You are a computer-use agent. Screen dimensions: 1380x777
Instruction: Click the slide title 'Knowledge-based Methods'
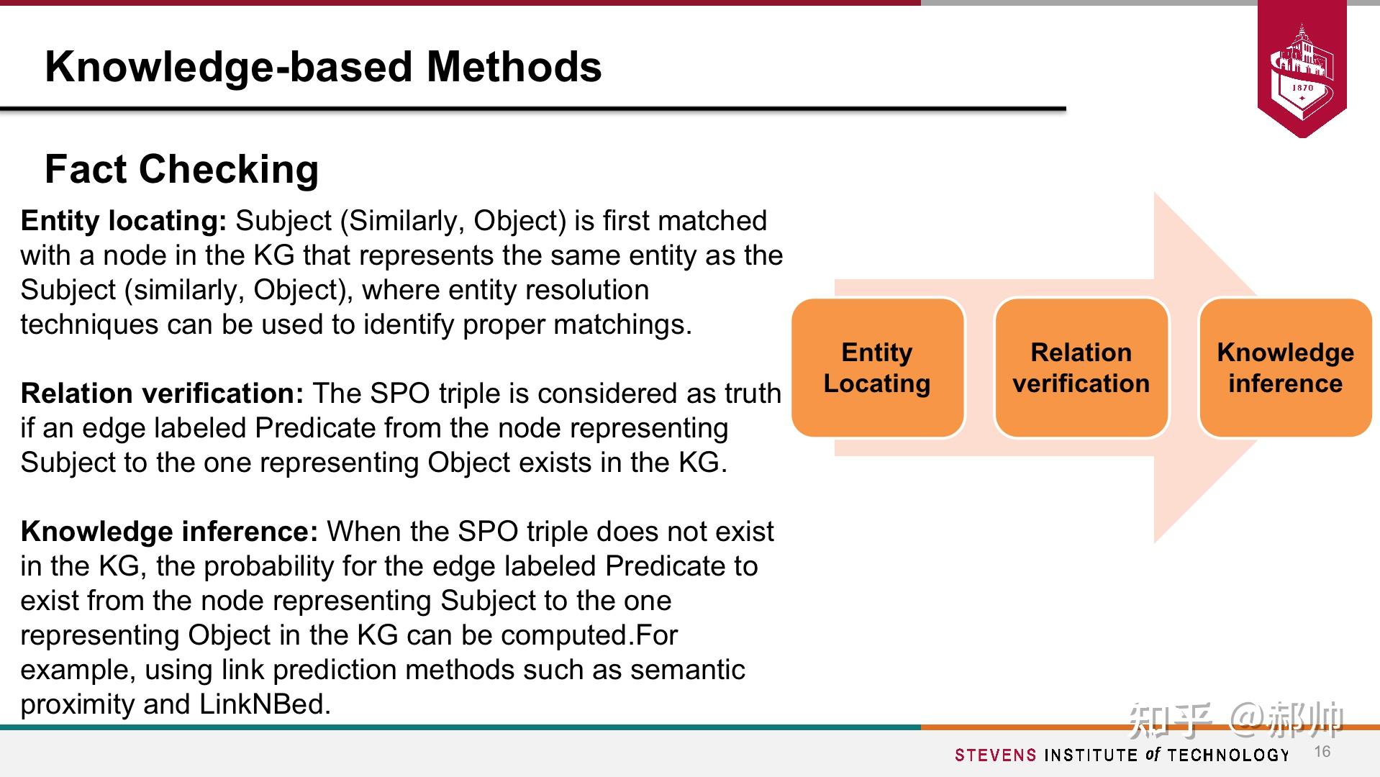click(323, 67)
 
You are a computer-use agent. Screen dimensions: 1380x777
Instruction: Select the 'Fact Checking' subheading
click(181, 169)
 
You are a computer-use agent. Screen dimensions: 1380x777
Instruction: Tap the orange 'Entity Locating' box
click(877, 368)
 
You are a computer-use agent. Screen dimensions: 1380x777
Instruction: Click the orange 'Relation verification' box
click(1081, 368)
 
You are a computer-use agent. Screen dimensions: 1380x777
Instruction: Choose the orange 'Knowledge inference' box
click(1285, 368)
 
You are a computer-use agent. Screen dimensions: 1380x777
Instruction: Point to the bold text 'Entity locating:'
click(124, 221)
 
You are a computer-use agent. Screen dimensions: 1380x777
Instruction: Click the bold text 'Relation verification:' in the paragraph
click(162, 394)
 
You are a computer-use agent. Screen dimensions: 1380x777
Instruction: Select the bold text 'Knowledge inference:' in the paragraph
click(169, 532)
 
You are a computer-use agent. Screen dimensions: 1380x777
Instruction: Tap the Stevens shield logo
click(1302, 68)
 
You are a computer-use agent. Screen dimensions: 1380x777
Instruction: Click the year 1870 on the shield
click(1302, 88)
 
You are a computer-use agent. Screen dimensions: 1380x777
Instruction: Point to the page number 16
click(1322, 752)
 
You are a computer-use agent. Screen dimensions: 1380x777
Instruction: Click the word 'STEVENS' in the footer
click(996, 755)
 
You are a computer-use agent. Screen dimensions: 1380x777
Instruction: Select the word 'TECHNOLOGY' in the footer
click(1229, 755)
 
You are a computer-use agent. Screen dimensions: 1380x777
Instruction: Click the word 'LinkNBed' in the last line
click(265, 704)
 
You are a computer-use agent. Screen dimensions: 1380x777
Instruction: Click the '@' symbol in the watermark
click(1245, 719)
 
